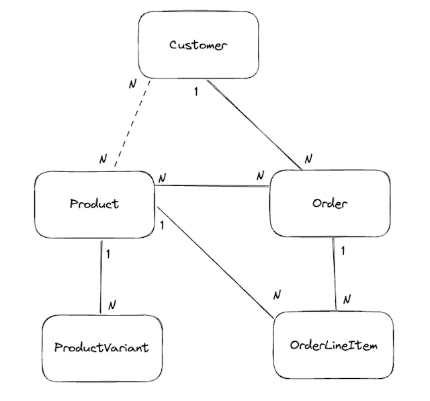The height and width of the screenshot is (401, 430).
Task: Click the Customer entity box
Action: (198, 46)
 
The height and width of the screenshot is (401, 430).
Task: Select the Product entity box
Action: (94, 204)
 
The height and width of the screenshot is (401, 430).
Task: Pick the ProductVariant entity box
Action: (101, 347)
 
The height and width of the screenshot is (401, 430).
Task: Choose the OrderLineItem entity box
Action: (333, 345)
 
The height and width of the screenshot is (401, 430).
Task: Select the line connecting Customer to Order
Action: (254, 124)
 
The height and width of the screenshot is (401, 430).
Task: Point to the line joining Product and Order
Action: (212, 187)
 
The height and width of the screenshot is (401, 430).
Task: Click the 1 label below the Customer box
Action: (196, 91)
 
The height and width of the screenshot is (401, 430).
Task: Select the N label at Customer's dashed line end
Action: (132, 85)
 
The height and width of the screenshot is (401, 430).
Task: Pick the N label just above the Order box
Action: (308, 159)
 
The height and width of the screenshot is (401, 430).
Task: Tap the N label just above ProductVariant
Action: (112, 304)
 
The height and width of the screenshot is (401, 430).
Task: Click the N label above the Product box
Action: (103, 159)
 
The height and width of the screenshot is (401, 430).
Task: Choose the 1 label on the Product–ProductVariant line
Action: (109, 255)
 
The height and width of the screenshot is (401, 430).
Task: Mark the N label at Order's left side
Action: (261, 175)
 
